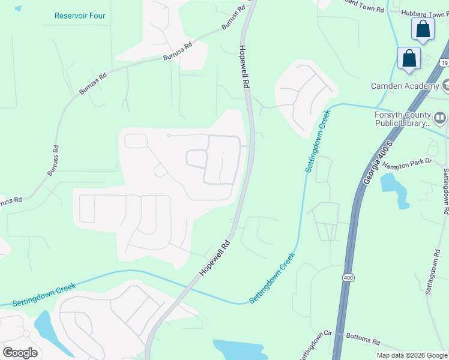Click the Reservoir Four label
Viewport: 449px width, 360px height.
79,16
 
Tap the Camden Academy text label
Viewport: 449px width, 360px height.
405,86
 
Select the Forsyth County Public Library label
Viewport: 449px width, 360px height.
403,119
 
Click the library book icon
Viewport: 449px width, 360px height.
441,118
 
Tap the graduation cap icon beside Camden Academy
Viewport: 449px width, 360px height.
446,85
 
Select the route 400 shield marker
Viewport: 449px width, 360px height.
348,277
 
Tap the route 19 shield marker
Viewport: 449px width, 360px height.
444,62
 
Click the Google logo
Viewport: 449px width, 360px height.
20,352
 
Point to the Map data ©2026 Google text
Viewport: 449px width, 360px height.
412,355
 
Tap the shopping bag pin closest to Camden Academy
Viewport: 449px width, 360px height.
409,59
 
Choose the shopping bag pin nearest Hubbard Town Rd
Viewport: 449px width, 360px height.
423,29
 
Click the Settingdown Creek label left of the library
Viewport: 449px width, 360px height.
318,140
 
